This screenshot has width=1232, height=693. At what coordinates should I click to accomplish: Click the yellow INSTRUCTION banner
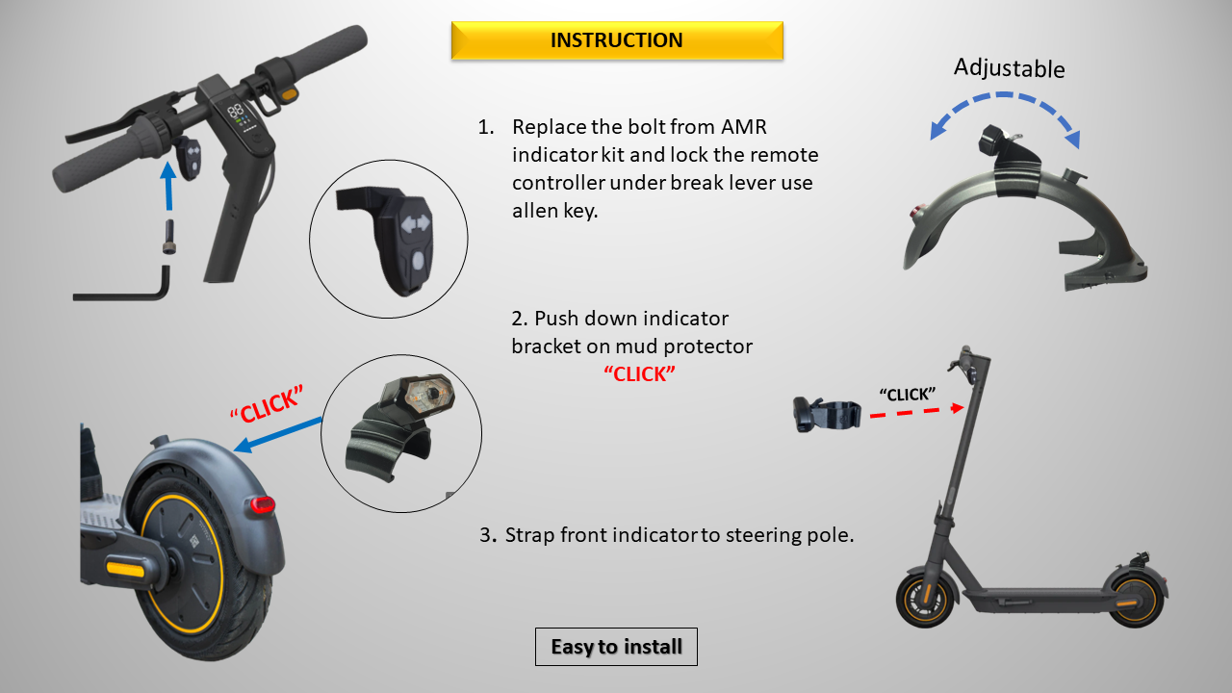pyautogui.click(x=617, y=40)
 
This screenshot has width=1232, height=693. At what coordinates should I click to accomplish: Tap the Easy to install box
pyautogui.click(x=616, y=647)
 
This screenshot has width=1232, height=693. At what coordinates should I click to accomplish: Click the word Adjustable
pyautogui.click(x=1010, y=68)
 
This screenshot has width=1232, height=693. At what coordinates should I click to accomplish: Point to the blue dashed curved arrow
pyautogui.click(x=1005, y=96)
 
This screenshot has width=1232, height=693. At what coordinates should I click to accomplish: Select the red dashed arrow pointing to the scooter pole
pyautogui.click(x=916, y=412)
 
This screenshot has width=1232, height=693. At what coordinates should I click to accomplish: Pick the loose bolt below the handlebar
pyautogui.click(x=169, y=237)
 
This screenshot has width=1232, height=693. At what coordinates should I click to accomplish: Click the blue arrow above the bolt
pyautogui.click(x=168, y=186)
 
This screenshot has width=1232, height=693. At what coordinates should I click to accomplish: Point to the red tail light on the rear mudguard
pyautogui.click(x=263, y=504)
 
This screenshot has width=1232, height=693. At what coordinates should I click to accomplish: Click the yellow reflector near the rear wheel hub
pyautogui.click(x=125, y=569)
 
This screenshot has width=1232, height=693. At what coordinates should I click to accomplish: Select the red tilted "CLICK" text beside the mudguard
pyautogui.click(x=267, y=405)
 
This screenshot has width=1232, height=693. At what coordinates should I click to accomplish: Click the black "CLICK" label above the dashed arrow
pyautogui.click(x=907, y=395)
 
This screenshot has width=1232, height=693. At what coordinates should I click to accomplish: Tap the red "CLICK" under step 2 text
pyautogui.click(x=639, y=374)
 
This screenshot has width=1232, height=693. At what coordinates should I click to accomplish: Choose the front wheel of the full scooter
pyautogui.click(x=925, y=602)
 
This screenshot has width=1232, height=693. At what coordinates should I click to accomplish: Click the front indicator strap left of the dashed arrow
pyautogui.click(x=827, y=415)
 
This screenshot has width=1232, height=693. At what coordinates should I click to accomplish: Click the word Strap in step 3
pyautogui.click(x=529, y=535)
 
